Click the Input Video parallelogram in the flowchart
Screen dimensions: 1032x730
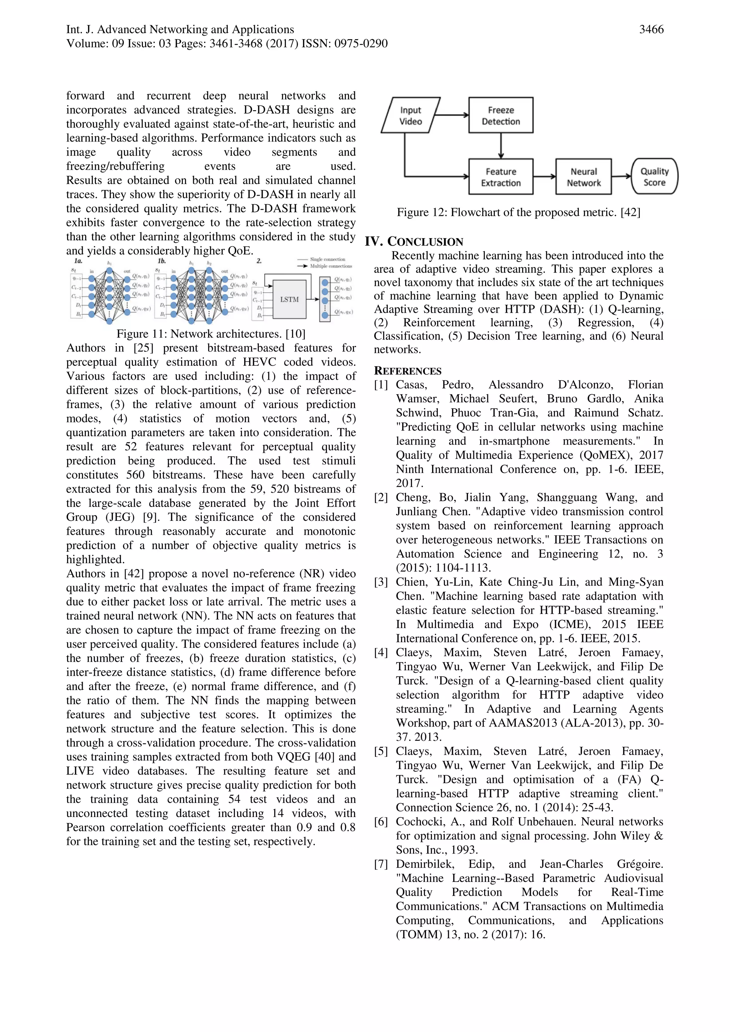(410, 115)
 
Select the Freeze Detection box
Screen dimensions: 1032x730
(500, 115)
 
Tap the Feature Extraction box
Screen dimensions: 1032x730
(500, 177)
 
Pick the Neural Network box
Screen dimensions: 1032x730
(583, 177)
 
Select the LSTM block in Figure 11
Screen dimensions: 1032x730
(289, 299)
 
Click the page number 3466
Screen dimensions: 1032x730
(651, 30)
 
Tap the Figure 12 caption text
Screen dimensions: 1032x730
(518, 212)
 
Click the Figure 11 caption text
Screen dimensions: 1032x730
(211, 334)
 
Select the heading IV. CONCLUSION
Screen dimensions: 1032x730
(413, 241)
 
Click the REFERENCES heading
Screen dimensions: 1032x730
(408, 371)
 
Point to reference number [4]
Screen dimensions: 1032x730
(381, 653)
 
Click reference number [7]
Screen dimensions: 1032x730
(381, 864)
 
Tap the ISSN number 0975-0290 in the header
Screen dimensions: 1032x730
(360, 43)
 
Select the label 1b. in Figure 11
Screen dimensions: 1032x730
(162, 261)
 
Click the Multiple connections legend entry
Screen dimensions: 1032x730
(330, 266)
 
